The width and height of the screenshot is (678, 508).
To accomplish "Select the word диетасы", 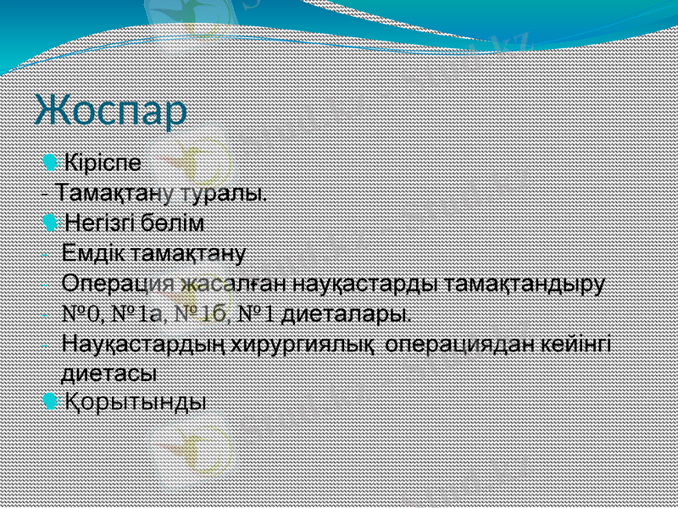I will coord(109,372).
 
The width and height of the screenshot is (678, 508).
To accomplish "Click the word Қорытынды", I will coord(136,400).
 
